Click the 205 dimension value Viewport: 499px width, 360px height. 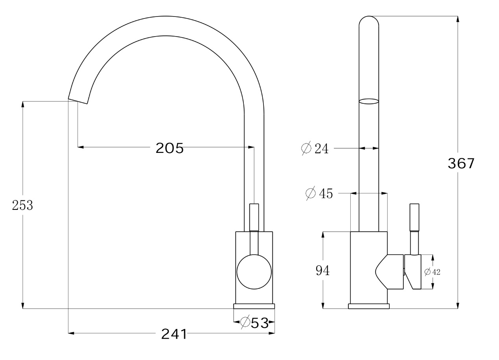pos(169,148)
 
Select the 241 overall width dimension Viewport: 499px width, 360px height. pos(174,334)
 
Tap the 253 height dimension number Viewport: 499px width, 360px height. pos(22,205)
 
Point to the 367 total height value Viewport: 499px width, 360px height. pos(461,163)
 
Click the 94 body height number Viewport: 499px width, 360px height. pos(322,271)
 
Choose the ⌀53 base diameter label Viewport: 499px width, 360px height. pos(255,323)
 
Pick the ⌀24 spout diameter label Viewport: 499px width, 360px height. pos(315,149)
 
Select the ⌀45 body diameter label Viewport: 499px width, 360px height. pos(319,193)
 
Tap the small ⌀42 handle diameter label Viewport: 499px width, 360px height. pos(432,272)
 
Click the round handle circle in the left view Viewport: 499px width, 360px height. pos(254,272)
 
